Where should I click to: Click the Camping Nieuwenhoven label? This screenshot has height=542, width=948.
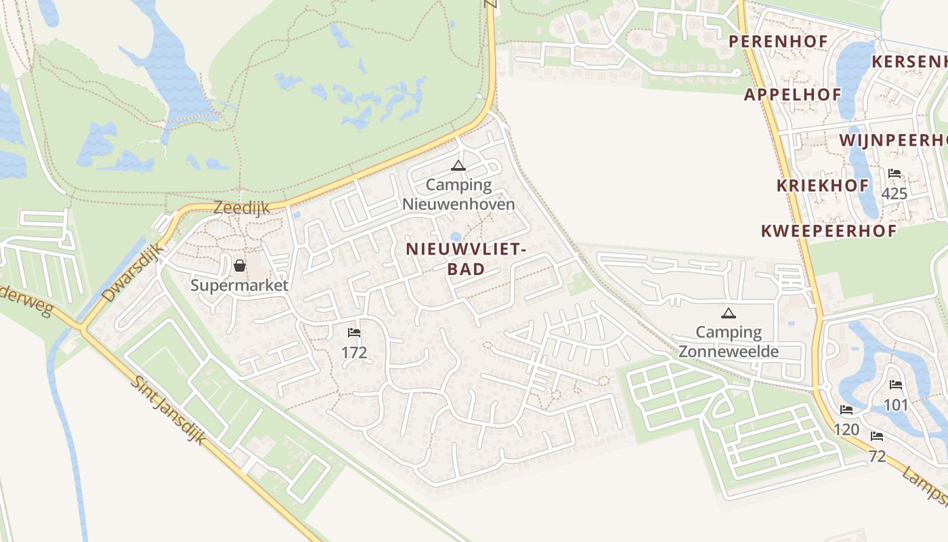tap(458, 194)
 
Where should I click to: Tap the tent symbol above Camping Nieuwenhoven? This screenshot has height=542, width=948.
tap(458, 165)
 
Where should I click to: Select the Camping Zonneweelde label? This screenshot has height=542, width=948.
tap(729, 342)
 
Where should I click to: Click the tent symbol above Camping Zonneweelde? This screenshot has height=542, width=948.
tap(728, 313)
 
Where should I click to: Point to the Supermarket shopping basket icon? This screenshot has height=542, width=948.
tap(239, 265)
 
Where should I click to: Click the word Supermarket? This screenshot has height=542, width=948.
tap(239, 285)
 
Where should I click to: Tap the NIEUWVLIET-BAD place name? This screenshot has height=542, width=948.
tap(466, 259)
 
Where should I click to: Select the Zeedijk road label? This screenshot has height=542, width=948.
tap(241, 207)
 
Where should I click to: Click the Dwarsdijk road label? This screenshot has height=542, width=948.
tap(133, 272)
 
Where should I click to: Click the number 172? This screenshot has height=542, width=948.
tap(353, 352)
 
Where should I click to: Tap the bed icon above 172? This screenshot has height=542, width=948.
tap(353, 333)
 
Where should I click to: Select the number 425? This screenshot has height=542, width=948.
tap(894, 194)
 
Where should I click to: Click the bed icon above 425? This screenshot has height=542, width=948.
tap(895, 173)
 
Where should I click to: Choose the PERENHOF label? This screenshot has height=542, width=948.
tap(778, 41)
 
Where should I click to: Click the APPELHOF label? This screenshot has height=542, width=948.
tap(792, 94)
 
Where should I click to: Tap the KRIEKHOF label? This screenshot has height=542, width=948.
tap(823, 185)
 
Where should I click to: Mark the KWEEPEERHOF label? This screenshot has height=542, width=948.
tap(829, 230)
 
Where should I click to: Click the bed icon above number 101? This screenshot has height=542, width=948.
tap(896, 385)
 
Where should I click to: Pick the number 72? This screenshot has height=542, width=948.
tap(877, 456)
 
